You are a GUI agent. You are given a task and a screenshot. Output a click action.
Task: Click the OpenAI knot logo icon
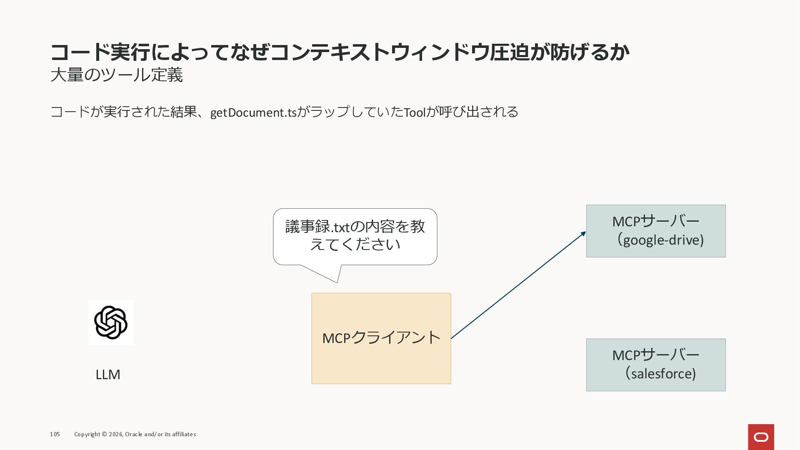111,322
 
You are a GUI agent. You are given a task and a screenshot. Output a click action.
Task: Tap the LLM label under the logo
108,375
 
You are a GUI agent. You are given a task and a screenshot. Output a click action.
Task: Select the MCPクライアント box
381,338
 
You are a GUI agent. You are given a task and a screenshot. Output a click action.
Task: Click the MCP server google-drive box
655,231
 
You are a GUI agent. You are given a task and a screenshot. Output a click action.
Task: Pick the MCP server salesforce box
655,365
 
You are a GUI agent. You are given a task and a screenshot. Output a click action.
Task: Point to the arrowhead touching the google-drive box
583,234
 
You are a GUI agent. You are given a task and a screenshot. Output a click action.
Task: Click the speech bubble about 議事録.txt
355,236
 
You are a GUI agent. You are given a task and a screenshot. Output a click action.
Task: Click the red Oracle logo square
761,437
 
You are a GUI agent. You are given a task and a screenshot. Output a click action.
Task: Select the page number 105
55,434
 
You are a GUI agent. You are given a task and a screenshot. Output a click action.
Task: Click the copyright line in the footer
135,434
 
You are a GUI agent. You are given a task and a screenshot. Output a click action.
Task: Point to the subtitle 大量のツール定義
117,75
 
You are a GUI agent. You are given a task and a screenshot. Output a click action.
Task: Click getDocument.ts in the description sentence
253,112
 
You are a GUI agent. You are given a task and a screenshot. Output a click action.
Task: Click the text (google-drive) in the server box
661,240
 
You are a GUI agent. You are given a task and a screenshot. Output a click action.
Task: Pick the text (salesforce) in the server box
661,374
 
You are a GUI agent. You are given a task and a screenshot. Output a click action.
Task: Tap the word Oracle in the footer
134,434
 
